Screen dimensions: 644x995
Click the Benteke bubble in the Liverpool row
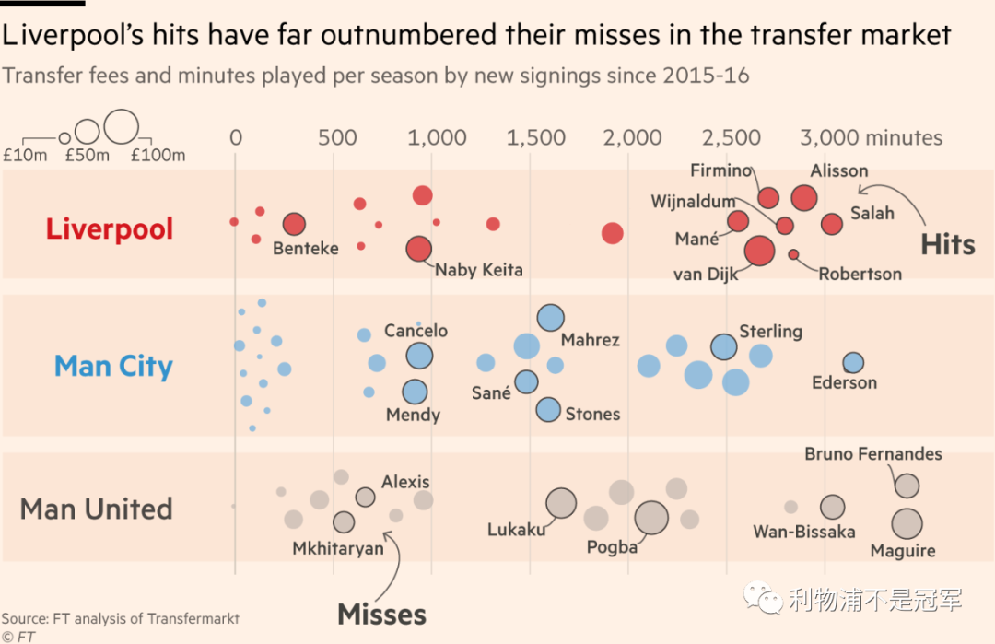(293, 224)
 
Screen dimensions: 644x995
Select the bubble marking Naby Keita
(419, 249)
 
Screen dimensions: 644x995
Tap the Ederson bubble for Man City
(853, 362)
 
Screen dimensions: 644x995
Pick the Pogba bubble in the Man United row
(651, 518)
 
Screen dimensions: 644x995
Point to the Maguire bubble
(907, 523)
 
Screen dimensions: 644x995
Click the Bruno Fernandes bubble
(907, 486)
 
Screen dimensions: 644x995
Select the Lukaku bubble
(561, 503)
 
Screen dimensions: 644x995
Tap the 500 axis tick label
(337, 138)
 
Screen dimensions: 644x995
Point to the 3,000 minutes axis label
(871, 138)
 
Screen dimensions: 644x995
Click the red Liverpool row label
(110, 228)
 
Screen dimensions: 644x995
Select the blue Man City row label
(113, 367)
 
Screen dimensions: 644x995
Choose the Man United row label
(97, 509)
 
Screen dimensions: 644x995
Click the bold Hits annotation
(947, 244)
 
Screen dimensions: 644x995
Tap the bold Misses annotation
(381, 615)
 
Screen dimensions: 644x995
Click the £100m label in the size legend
(158, 155)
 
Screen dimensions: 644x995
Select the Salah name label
(872, 213)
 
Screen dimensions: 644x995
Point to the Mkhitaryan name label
(338, 548)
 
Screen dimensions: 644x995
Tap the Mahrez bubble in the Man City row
(550, 318)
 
